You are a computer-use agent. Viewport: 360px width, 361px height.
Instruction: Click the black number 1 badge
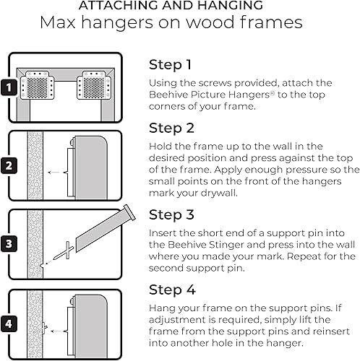tap(9, 88)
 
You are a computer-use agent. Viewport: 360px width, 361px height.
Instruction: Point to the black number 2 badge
tap(9, 165)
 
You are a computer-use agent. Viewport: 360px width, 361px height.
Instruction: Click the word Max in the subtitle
tap(59, 24)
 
